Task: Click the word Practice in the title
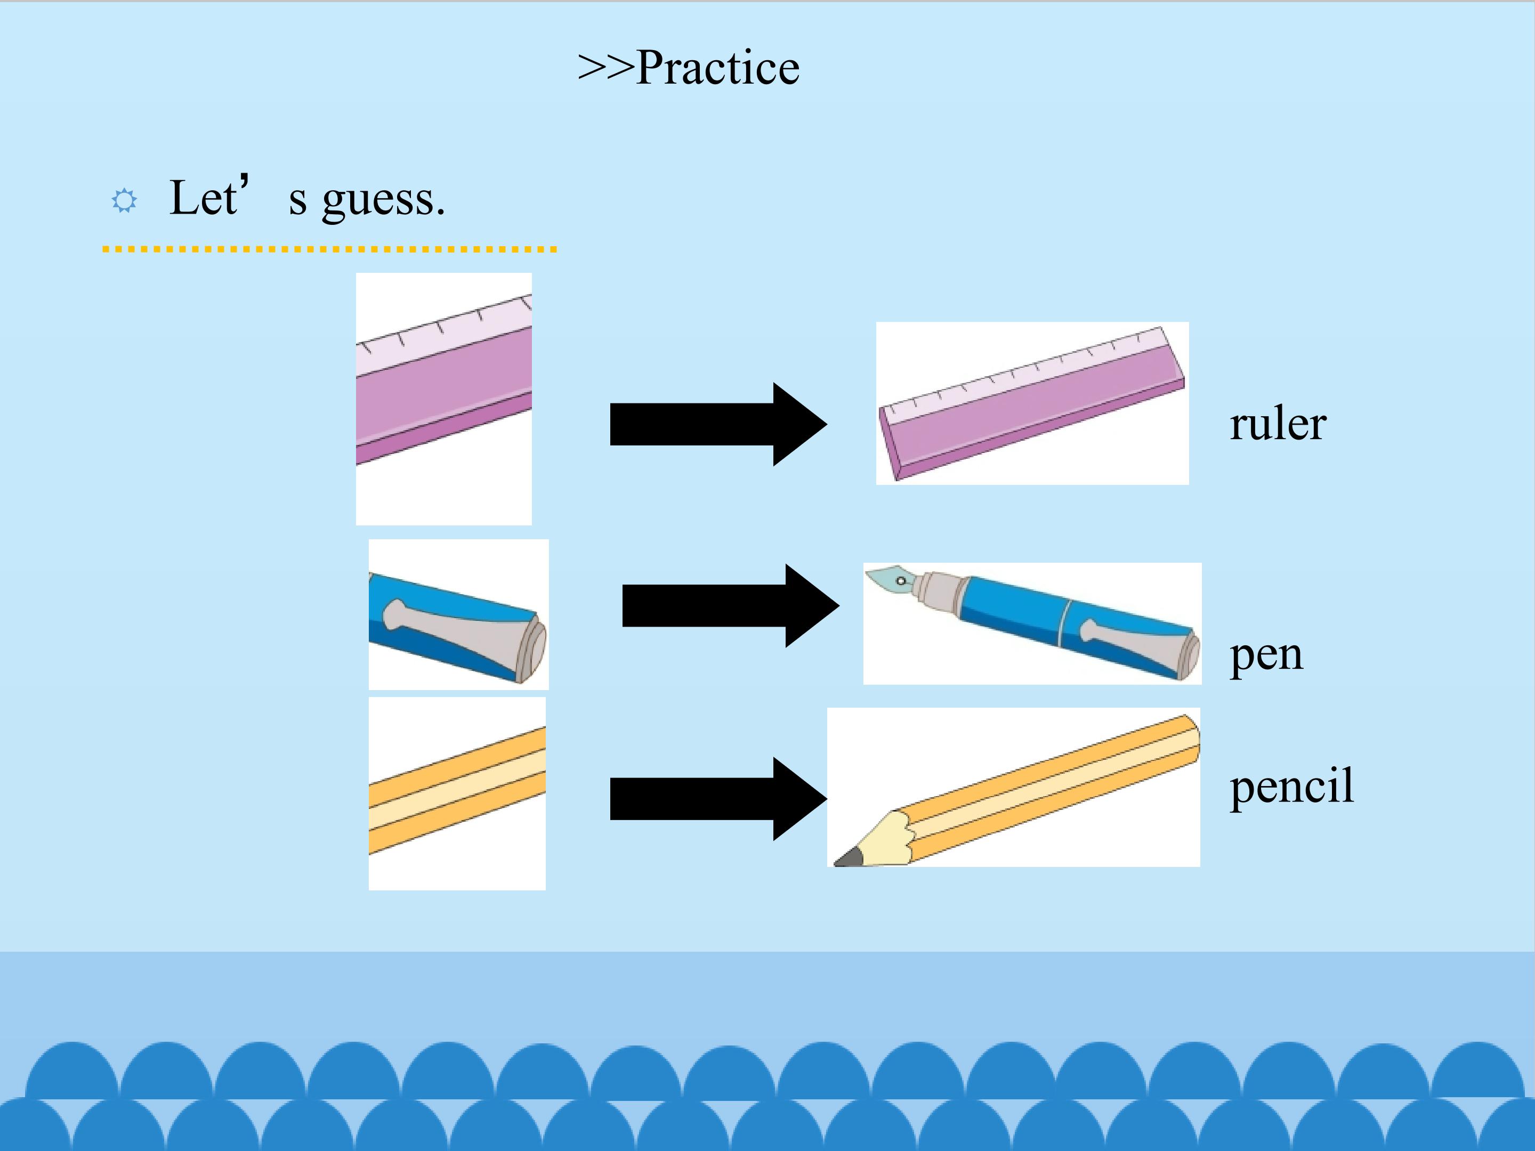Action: pos(717,68)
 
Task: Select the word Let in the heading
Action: pos(203,197)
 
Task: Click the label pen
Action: pos(1266,655)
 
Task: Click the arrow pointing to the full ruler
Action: pos(718,424)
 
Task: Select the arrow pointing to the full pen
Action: pos(731,606)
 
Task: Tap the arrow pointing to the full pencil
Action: pos(718,799)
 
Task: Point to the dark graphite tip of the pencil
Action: pos(848,859)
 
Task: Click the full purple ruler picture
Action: pos(1032,403)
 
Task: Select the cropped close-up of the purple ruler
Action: pos(444,399)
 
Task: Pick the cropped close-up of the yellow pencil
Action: pos(457,793)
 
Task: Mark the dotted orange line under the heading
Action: pos(329,249)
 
